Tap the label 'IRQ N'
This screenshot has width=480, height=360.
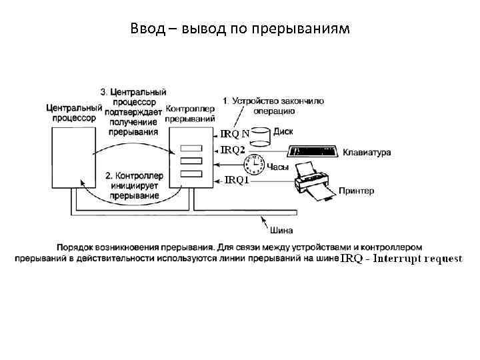(235, 133)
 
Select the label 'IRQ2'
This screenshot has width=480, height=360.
(233, 151)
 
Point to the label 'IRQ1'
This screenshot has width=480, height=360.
(237, 179)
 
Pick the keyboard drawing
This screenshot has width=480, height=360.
(313, 152)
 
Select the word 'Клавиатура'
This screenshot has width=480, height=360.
(367, 153)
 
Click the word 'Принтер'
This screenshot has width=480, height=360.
(357, 191)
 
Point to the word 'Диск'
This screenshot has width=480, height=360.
(283, 132)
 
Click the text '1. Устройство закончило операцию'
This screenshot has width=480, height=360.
(273, 106)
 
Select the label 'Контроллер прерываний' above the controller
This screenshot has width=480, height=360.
(189, 113)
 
